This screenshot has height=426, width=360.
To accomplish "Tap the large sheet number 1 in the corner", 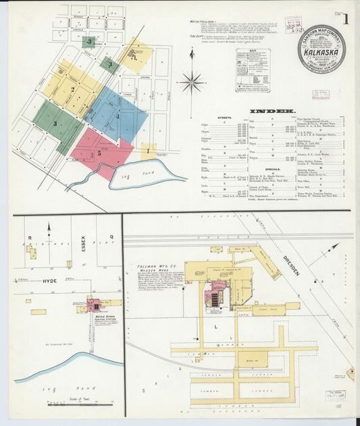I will click(345, 18).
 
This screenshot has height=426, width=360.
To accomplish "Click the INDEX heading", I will click(272, 111).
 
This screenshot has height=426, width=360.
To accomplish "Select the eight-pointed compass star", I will click(191, 82).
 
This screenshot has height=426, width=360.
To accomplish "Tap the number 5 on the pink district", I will click(99, 153).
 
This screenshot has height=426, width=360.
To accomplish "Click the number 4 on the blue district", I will click(117, 116).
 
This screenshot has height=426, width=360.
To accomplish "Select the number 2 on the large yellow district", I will click(72, 88).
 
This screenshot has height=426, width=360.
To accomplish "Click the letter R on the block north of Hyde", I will click(30, 237).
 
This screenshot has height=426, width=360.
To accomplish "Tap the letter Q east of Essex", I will click(111, 237).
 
